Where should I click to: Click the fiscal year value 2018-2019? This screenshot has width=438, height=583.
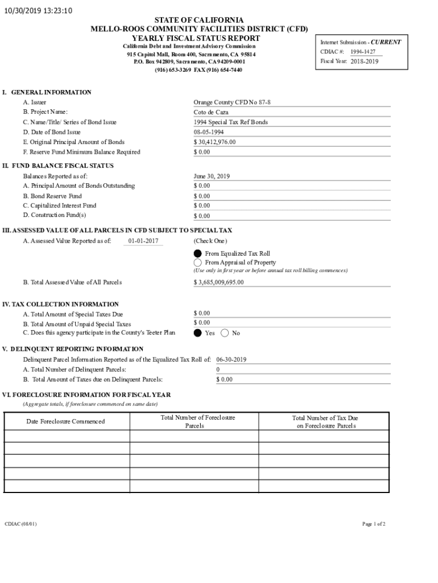(364, 61)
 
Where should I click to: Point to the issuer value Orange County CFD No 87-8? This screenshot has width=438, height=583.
(232, 102)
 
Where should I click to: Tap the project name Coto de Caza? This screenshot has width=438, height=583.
(211, 112)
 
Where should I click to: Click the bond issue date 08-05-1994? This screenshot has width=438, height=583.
(209, 132)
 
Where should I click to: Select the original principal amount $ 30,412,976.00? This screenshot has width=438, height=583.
(214, 142)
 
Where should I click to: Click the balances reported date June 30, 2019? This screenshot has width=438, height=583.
(212, 176)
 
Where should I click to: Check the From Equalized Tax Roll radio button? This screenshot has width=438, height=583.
(198, 253)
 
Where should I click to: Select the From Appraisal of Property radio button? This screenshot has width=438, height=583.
(198, 262)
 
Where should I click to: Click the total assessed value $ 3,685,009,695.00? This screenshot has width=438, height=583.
(218, 282)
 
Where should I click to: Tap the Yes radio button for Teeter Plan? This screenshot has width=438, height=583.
(198, 333)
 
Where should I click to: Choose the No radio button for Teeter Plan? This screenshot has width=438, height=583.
(225, 333)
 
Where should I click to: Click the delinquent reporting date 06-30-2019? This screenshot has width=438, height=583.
(232, 360)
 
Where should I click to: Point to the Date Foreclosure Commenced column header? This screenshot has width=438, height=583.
(65, 421)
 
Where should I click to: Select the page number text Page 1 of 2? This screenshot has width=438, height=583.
(374, 524)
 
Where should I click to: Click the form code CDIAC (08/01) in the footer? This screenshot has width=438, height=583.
(20, 524)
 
